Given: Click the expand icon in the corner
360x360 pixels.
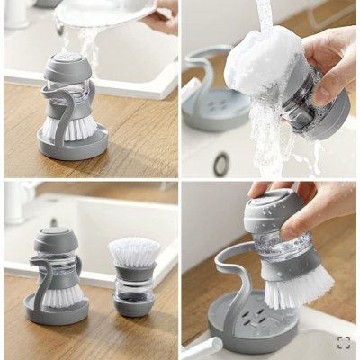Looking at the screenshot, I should pyautogui.click(x=343, y=342).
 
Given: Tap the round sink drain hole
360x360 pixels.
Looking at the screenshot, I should pyautogui.click(x=220, y=164).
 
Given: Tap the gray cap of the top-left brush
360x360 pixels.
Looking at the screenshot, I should pyautogui.click(x=67, y=67).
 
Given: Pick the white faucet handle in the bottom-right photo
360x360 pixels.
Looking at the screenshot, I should pyautogui.click(x=203, y=347).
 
